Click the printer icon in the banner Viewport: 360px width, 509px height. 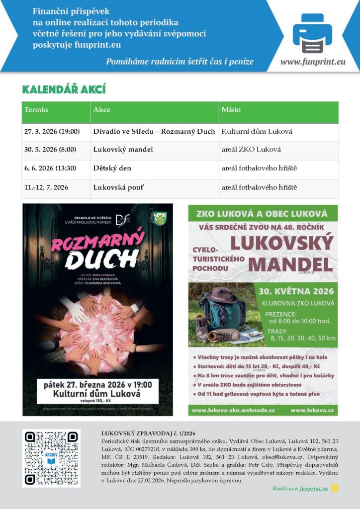click(x=312, y=34)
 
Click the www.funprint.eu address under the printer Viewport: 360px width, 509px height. click(x=313, y=62)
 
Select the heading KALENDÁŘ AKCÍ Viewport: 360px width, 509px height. click(x=64, y=89)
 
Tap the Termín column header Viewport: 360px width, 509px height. click(x=36, y=109)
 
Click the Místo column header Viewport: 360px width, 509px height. click(x=231, y=109)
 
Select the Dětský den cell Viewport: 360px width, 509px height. click(x=112, y=168)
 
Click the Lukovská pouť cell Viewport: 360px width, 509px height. click(x=116, y=187)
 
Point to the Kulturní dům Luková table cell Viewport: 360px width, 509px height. click(x=257, y=131)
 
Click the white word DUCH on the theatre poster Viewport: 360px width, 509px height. click(x=101, y=259)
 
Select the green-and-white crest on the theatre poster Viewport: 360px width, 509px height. click(x=160, y=218)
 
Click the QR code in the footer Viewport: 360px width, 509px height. click(x=51, y=458)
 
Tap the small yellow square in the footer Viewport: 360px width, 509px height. click(x=335, y=488)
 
